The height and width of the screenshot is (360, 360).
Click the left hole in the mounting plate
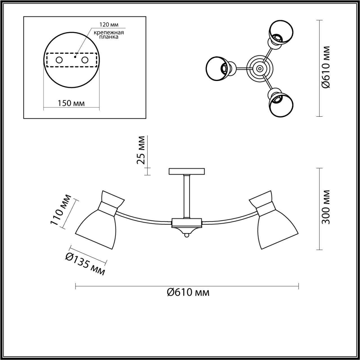point(59,60)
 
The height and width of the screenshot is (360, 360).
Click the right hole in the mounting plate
point(85,60)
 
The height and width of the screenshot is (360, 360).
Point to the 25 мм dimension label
point(141,150)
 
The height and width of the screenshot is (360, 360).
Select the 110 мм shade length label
point(60,210)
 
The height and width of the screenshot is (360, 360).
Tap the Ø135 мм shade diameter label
point(85,264)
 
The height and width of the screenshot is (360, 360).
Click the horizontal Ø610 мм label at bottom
point(188,292)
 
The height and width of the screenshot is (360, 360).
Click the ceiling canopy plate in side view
point(187,171)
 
